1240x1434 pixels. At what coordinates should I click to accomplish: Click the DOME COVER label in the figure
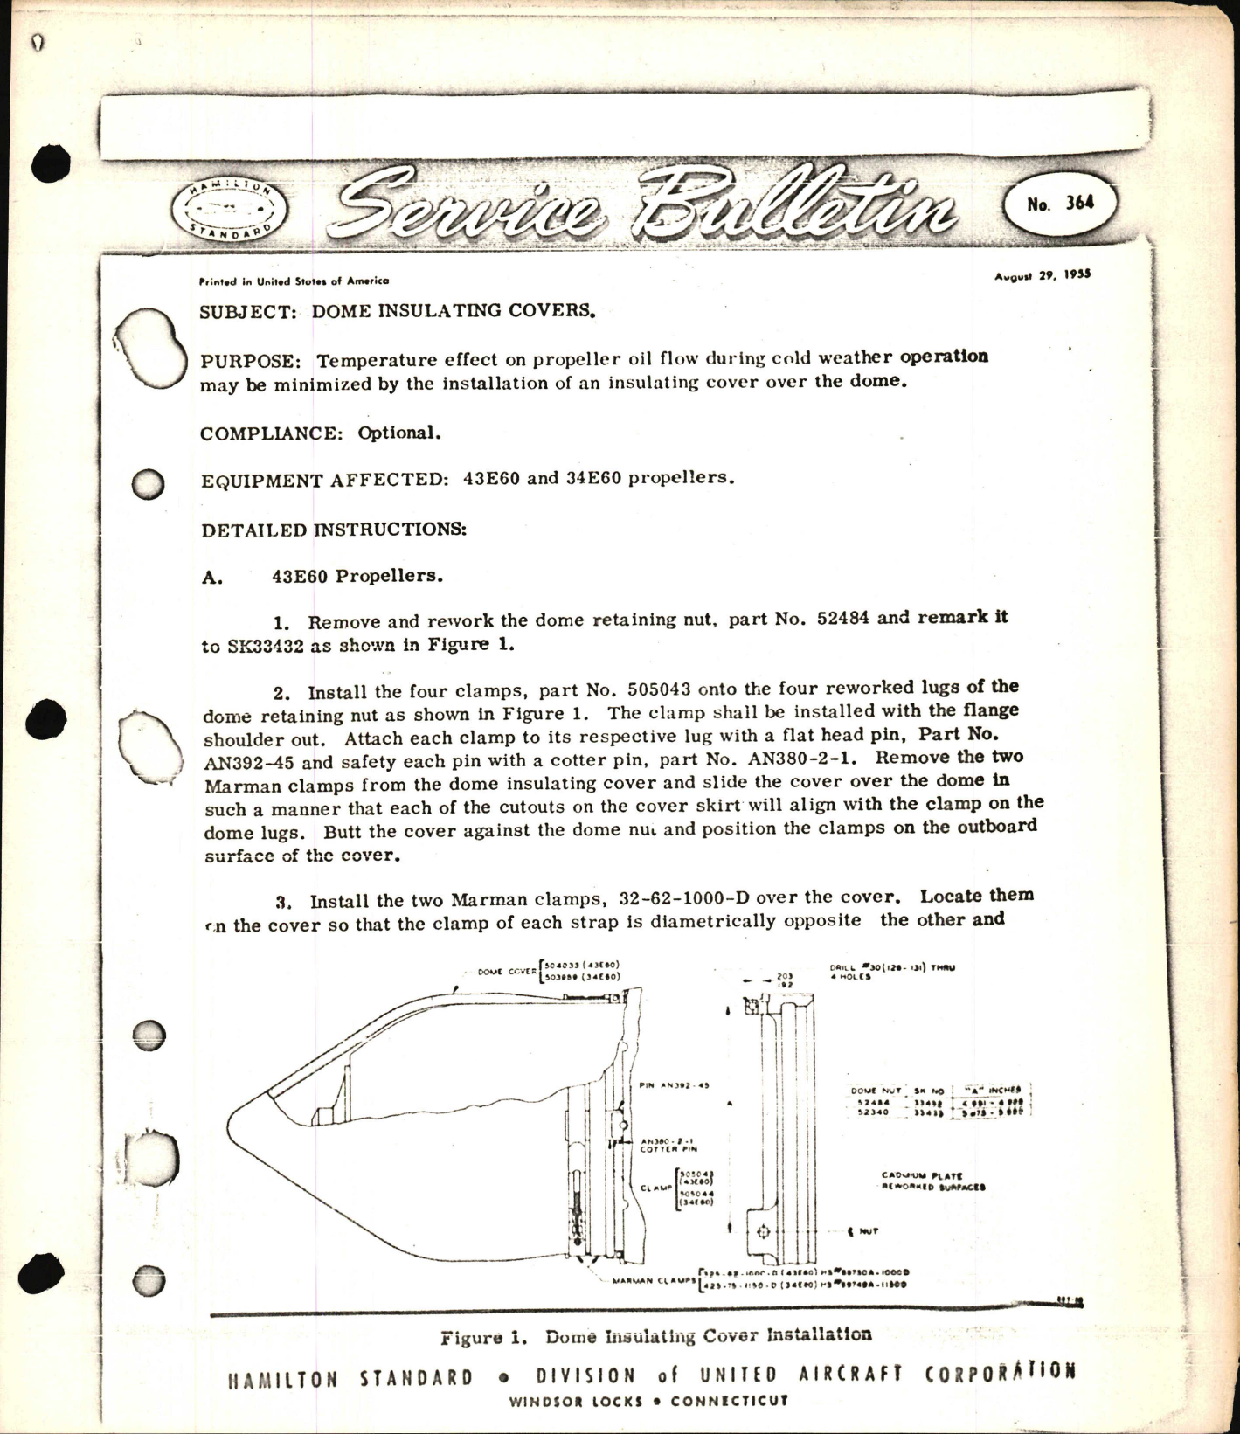507,971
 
